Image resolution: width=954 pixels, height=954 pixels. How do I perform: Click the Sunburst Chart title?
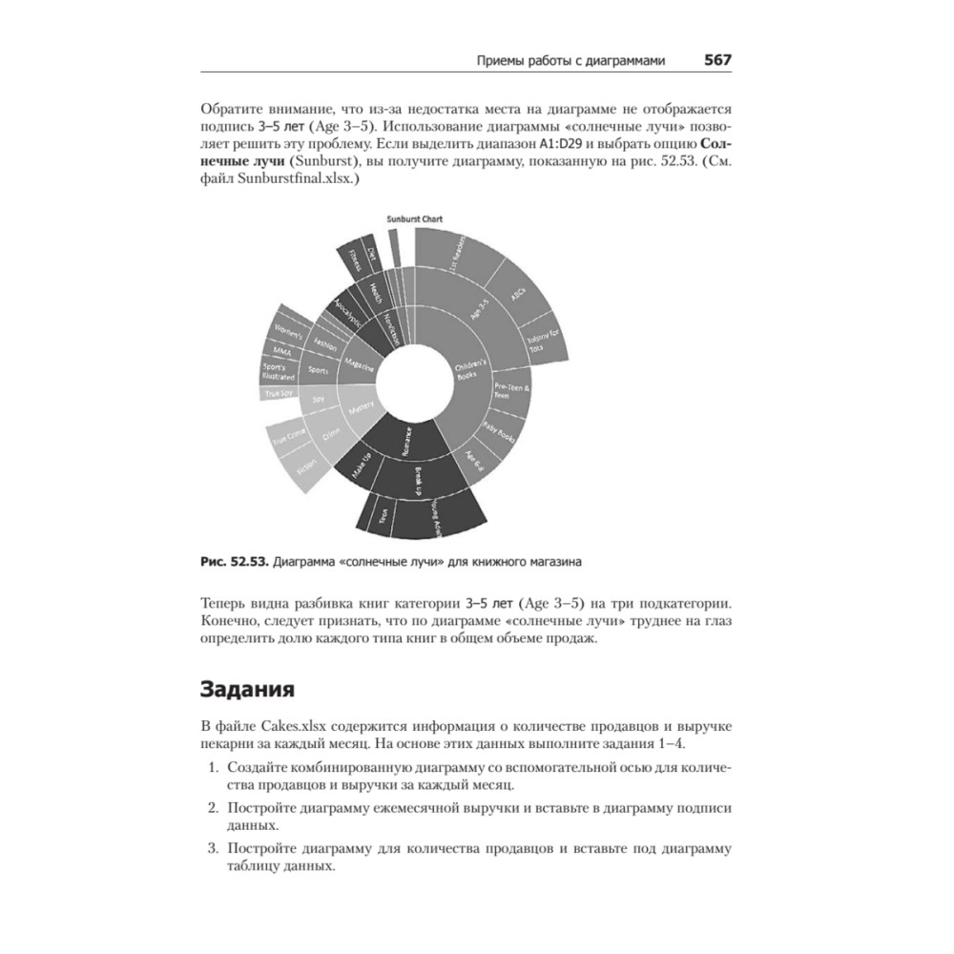tap(414, 218)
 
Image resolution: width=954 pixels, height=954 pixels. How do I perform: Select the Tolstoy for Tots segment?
tap(542, 340)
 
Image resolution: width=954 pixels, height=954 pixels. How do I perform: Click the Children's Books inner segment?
tap(472, 373)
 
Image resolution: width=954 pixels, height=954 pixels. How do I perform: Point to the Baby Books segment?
tap(499, 434)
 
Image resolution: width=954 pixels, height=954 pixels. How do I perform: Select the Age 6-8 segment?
tap(474, 462)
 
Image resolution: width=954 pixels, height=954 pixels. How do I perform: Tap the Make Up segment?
tap(361, 467)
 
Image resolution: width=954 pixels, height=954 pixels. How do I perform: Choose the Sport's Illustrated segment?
tap(279, 371)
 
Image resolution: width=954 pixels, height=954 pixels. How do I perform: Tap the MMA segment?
tap(282, 351)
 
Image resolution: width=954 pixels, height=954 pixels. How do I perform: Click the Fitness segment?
tap(355, 258)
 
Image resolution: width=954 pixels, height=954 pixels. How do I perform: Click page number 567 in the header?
tap(717, 60)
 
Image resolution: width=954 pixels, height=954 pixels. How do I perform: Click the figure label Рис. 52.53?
tap(233, 562)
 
